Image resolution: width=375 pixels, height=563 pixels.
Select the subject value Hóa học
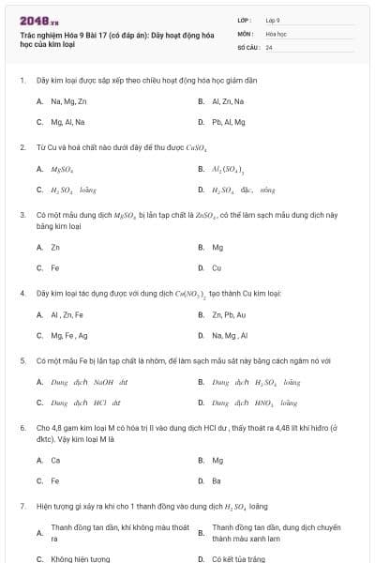276,33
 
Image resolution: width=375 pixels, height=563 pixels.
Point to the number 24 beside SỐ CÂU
269,47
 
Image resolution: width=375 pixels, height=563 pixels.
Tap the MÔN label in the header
245,33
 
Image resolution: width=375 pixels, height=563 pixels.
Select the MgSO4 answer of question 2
63,169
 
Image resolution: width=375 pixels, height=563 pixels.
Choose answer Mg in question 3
217,248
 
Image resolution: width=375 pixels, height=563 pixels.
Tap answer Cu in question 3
217,268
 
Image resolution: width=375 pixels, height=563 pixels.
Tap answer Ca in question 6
55,461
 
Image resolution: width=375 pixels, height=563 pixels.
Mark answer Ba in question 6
217,481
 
